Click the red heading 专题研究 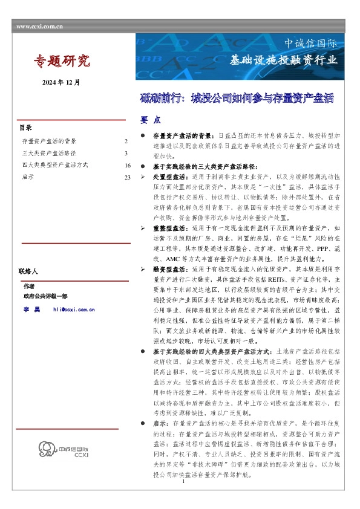(61, 60)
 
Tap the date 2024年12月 (61, 82)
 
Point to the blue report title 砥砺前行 (237, 98)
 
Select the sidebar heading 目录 (25, 128)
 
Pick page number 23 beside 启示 (127, 177)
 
